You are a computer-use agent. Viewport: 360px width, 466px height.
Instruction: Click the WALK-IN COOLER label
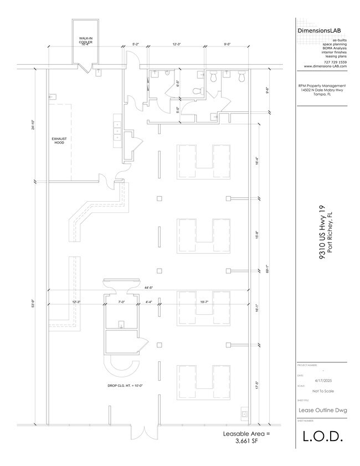85,40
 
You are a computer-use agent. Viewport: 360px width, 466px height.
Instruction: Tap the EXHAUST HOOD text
59,140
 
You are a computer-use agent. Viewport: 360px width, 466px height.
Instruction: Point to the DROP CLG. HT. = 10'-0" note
125,386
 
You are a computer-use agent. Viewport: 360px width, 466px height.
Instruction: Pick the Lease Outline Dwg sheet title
322,410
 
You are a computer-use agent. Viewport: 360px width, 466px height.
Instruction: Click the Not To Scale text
322,391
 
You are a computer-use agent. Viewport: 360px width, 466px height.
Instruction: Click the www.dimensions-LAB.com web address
325,66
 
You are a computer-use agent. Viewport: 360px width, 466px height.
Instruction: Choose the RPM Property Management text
322,86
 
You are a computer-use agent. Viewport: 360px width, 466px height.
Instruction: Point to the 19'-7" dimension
204,302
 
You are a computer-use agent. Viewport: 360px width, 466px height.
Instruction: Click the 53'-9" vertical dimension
34,303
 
